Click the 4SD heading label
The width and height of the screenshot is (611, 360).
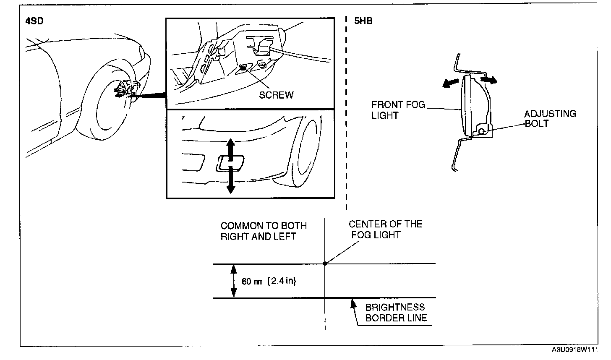(34, 21)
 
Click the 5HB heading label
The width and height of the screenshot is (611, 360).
(363, 21)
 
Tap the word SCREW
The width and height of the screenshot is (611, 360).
(276, 95)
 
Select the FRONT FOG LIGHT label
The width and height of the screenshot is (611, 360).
(398, 110)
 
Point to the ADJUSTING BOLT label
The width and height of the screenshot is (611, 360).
(550, 119)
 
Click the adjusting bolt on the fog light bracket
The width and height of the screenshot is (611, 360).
(481, 131)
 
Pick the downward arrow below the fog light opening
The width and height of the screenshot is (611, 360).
(230, 180)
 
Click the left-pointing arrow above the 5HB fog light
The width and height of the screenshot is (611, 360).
(449, 83)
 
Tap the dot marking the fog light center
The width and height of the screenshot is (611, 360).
(325, 263)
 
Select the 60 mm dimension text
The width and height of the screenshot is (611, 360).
(252, 282)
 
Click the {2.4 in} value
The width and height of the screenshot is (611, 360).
(282, 282)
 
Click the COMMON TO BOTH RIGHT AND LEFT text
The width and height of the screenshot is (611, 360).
(264, 231)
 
